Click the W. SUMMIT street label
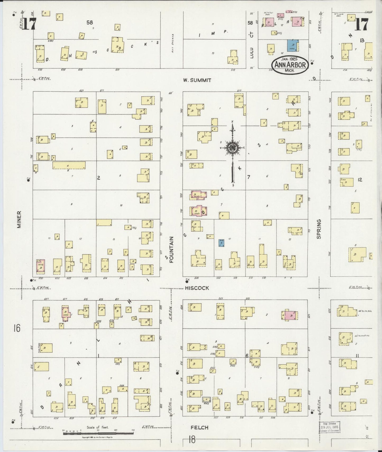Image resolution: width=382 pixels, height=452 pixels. click(197, 80)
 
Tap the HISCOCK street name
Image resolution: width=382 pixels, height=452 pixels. click(197, 288)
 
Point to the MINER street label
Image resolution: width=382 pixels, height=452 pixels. click(19, 219)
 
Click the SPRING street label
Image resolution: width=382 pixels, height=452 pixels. click(319, 229)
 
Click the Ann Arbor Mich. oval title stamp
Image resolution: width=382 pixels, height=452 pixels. click(290, 65)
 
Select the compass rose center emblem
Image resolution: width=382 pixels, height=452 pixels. click(232, 147)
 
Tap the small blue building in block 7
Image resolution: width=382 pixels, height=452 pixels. click(222, 243)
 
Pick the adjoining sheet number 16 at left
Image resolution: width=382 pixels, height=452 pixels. click(17, 329)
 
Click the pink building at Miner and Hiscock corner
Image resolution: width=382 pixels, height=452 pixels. click(40, 266)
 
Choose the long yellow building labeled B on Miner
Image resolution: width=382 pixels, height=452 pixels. click(69, 165)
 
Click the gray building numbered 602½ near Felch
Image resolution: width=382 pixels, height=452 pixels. click(206, 399)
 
